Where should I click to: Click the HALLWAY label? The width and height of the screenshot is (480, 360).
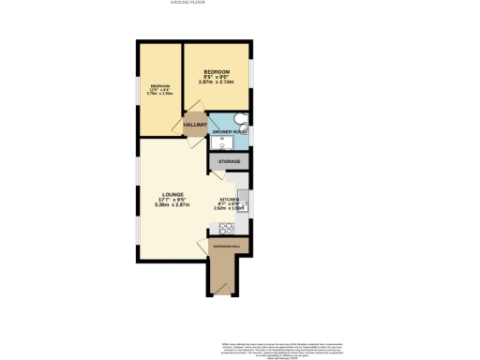point(195,124)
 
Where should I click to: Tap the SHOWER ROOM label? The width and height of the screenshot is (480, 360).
point(229,132)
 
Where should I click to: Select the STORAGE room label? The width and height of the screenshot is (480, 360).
point(230,162)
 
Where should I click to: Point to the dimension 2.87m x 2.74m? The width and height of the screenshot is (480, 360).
point(217,82)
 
